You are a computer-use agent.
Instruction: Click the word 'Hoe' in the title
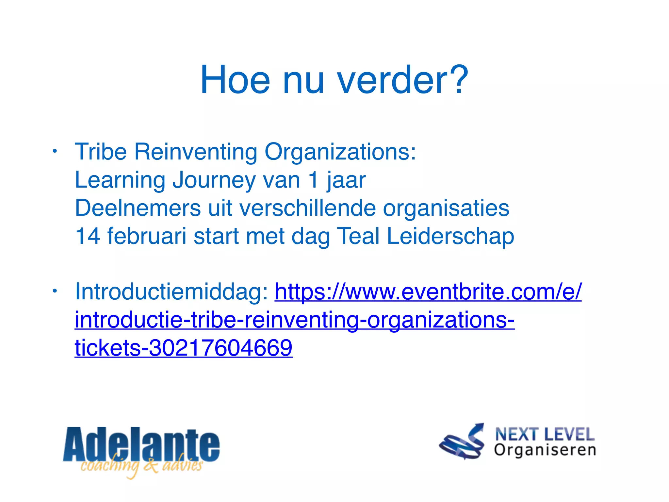pos(235,80)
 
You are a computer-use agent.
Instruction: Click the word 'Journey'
pos(214,180)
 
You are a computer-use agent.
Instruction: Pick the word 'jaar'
pos(346,180)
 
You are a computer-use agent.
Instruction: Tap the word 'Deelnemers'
pos(138,208)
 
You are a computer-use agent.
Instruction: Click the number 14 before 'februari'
pos(87,236)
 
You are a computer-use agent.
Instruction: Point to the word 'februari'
pos(147,236)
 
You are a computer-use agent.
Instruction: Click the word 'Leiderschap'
pos(450,236)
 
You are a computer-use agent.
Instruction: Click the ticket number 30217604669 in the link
pos(220,347)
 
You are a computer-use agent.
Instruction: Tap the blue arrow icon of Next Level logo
pos(462,442)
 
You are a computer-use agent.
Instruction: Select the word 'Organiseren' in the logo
pos(545,450)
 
